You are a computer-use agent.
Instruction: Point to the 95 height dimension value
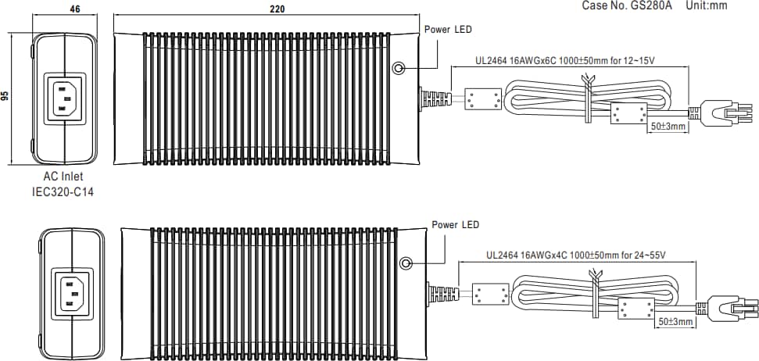click(5, 96)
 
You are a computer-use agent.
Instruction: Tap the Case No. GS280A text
click(628, 5)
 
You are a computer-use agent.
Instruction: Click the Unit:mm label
click(707, 5)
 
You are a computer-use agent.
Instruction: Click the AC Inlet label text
click(63, 177)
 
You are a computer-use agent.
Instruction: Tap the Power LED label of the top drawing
click(448, 30)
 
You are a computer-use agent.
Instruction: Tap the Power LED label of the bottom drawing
click(456, 225)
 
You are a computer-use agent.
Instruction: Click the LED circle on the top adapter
click(399, 68)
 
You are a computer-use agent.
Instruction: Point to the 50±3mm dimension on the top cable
click(668, 126)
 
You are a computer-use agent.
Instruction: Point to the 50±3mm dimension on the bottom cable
click(675, 321)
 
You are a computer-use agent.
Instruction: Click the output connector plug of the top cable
click(727, 114)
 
